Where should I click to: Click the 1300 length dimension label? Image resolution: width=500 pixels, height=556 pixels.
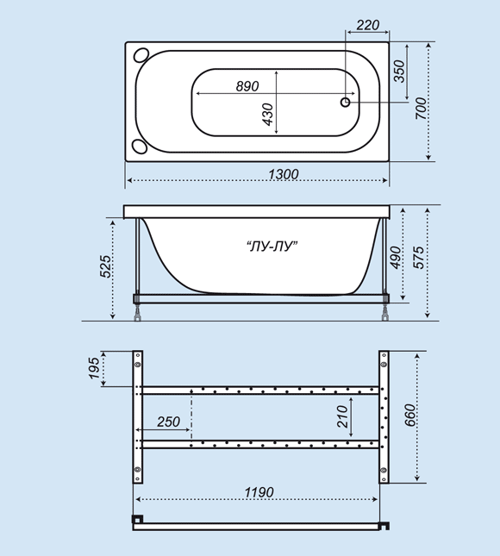tap(283, 174)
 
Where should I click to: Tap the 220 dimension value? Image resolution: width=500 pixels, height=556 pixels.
tap(367, 25)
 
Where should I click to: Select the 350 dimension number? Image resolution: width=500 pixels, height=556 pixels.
tap(399, 71)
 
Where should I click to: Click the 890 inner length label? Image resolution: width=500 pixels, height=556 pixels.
tap(247, 86)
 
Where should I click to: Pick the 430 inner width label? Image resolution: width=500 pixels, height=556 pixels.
tap(267, 114)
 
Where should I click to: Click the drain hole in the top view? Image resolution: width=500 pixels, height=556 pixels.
tap(346, 102)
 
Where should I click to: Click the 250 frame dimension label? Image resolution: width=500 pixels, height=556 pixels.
tap(169, 422)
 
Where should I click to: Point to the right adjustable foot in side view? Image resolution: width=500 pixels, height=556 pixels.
tap(383, 312)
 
